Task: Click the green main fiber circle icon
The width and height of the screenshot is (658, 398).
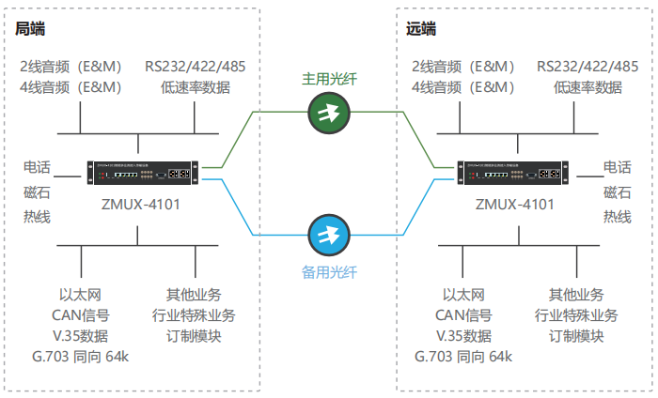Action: [328, 114]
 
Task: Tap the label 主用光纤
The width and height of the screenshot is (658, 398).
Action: [328, 79]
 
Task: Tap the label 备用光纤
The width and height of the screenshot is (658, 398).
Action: [328, 272]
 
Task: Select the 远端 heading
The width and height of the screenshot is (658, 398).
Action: [421, 29]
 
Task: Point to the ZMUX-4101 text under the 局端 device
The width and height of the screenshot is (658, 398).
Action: [139, 204]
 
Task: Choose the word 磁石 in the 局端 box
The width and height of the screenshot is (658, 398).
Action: [38, 192]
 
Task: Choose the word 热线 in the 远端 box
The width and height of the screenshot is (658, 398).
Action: [618, 217]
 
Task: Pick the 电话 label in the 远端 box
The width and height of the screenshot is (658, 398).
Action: [618, 168]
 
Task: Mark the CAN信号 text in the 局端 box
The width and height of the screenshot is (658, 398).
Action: [83, 314]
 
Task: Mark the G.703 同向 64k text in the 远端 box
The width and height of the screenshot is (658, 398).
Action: [463, 358]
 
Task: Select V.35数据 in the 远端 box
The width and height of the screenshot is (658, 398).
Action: [463, 336]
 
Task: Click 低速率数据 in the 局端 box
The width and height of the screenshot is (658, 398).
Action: [195, 88]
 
